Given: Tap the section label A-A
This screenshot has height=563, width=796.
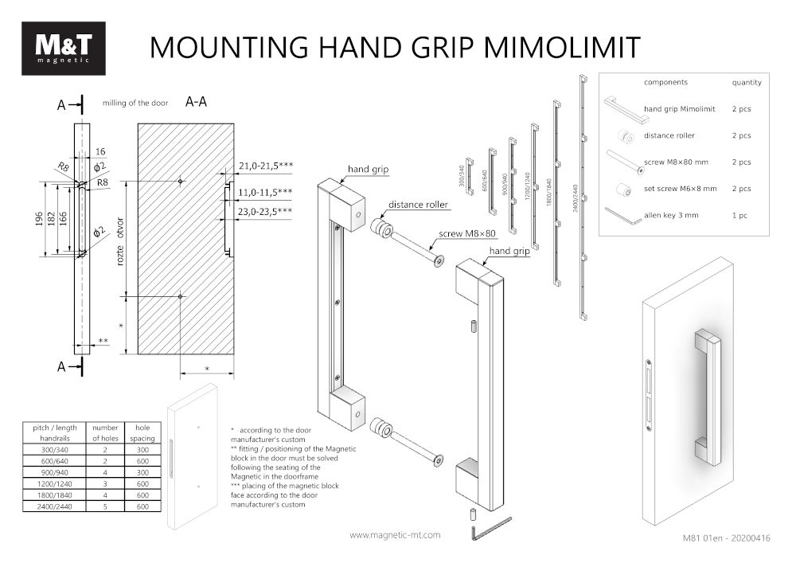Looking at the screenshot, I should point(197,102).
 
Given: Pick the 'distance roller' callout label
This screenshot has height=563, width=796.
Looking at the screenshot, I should point(419,205).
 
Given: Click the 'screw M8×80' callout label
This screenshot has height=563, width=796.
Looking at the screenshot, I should point(467,234).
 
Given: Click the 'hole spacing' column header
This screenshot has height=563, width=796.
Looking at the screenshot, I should point(143,433).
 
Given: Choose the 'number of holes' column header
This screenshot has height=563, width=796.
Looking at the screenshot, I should point(105,433).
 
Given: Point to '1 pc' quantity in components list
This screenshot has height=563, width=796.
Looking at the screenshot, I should point(740,216).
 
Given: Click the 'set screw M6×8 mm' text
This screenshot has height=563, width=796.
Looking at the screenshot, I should point(680,189).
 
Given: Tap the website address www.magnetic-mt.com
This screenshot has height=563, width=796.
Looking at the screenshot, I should point(395,535).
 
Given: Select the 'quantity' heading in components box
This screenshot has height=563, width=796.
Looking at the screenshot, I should point(747,82).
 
